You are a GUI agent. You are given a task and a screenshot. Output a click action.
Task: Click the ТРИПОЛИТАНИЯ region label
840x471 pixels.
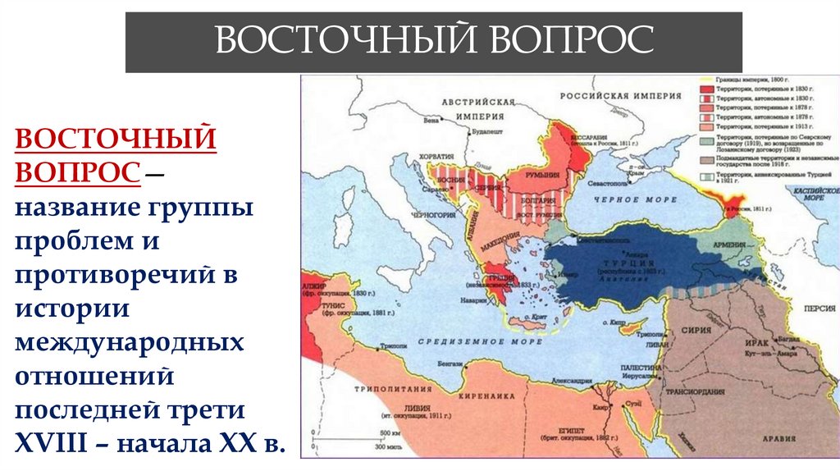pyautogui.click(x=390, y=390)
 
